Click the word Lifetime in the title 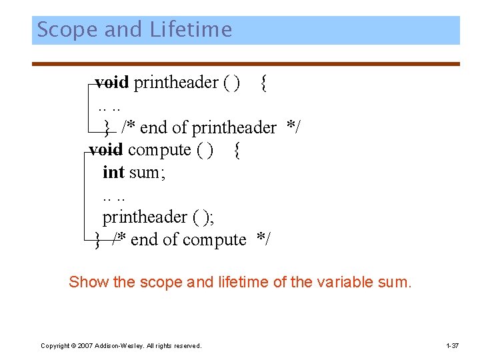[191, 30]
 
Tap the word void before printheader [111, 83]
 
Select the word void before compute [105, 150]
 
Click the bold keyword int [113, 173]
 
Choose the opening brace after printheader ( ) [265, 83]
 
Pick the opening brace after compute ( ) [238, 150]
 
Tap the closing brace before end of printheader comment [107, 127]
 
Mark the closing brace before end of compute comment [98, 240]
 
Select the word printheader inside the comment [234, 127]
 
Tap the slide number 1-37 [451, 345]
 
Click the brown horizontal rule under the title [246, 64]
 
